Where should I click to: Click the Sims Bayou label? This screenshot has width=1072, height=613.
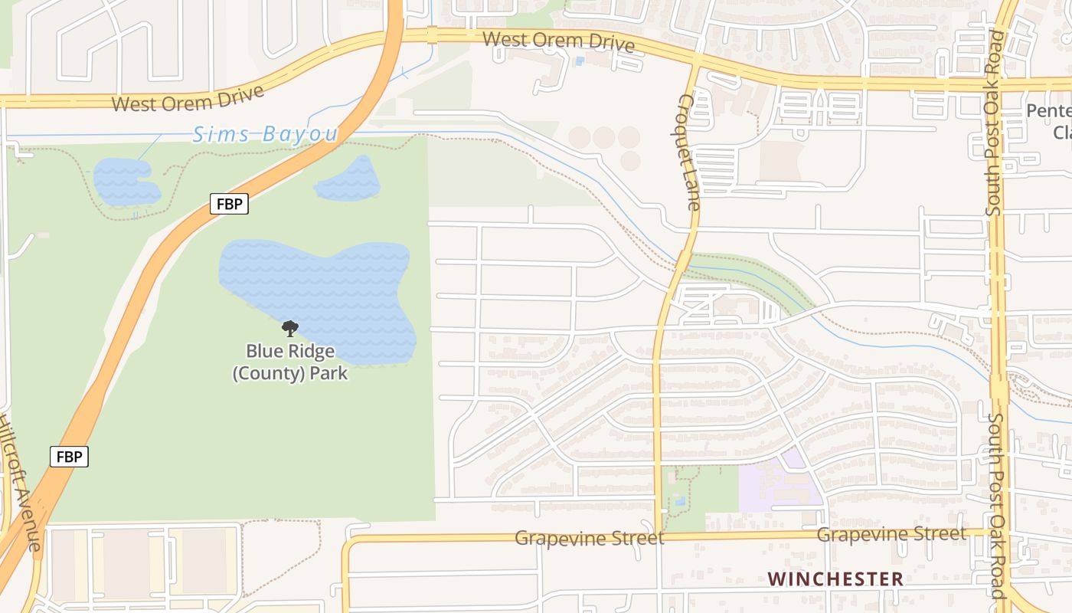pyautogui.click(x=265, y=134)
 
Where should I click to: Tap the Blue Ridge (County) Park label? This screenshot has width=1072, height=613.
pyautogui.click(x=290, y=362)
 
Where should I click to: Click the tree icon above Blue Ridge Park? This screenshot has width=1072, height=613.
pyautogui.click(x=290, y=329)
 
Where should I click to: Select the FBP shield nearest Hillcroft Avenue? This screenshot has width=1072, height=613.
pyautogui.click(x=70, y=457)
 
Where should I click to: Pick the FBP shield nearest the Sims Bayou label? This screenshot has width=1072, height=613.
pyautogui.click(x=229, y=205)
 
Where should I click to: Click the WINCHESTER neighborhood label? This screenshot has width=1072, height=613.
pyautogui.click(x=835, y=579)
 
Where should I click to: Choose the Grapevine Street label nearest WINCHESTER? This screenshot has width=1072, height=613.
pyautogui.click(x=891, y=534)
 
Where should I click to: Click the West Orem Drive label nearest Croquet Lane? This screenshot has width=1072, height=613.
pyautogui.click(x=559, y=41)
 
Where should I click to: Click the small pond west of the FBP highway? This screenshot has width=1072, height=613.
pyautogui.click(x=126, y=182)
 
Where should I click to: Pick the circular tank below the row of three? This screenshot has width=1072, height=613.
pyautogui.click(x=630, y=161)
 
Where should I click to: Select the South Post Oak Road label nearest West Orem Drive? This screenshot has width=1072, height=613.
pyautogui.click(x=995, y=123)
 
